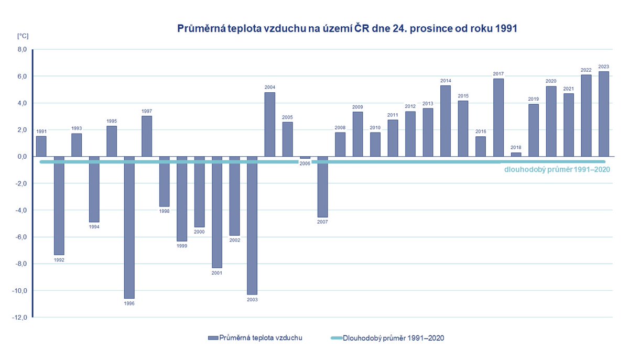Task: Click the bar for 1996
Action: tap(129, 227)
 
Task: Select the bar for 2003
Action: tap(252, 225)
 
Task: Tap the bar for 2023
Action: tap(603, 114)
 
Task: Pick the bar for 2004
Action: tap(269, 124)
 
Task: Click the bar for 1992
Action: tap(59, 205)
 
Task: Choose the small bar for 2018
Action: tap(516, 154)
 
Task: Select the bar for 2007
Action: tap(322, 187)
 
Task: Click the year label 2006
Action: tap(305, 163)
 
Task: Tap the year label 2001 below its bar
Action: tap(217, 273)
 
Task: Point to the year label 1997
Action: tap(147, 111)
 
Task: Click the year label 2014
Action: tap(446, 81)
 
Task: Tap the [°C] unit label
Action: tap(23, 36)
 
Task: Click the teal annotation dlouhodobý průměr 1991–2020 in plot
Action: tap(557, 170)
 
